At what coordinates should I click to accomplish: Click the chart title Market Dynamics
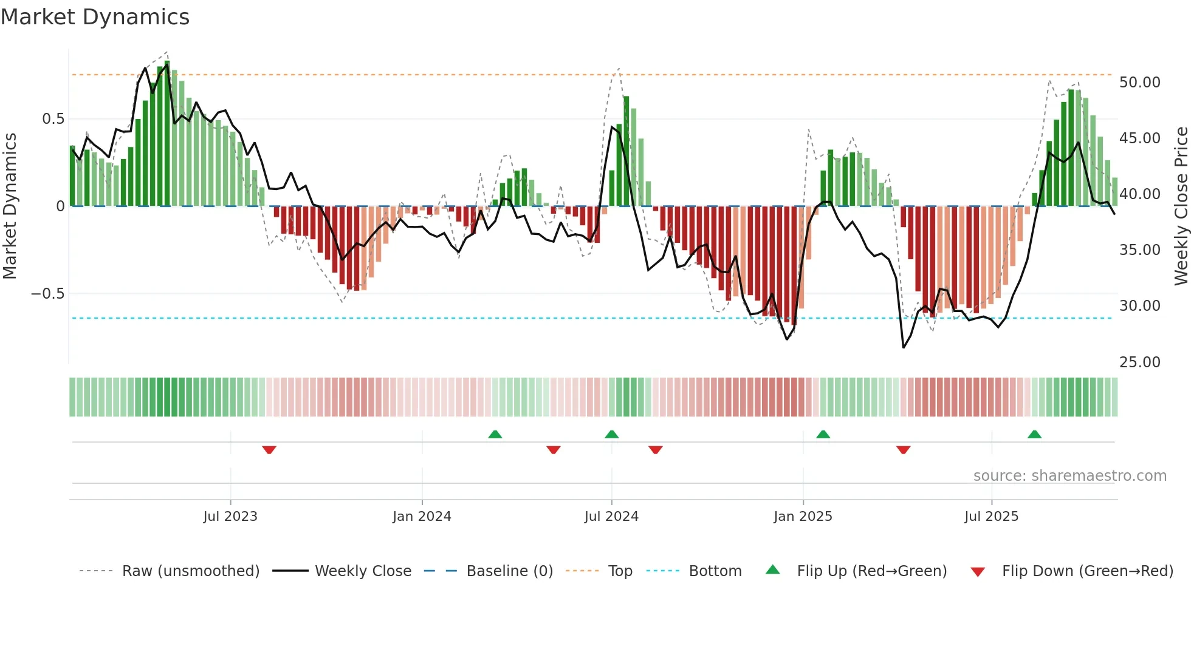point(95,17)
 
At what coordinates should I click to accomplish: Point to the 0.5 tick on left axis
point(53,119)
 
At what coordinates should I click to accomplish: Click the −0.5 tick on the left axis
point(47,294)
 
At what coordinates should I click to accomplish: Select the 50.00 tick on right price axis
point(1139,83)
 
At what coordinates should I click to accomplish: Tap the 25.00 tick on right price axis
point(1139,362)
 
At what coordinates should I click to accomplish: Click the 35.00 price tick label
point(1139,250)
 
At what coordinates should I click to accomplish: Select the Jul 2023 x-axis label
point(230,517)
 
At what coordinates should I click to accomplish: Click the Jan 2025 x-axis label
point(803,517)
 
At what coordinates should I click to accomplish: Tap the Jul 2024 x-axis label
point(611,517)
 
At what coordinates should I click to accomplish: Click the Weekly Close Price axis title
point(1181,206)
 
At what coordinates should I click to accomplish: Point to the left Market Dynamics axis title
point(10,206)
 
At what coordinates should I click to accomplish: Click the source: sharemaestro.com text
point(1069,476)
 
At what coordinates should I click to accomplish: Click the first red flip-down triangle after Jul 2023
point(269,450)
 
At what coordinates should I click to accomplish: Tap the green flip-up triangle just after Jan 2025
point(823,434)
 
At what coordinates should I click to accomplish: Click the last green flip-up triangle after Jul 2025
point(1034,434)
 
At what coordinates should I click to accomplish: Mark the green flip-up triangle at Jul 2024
point(611,434)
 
